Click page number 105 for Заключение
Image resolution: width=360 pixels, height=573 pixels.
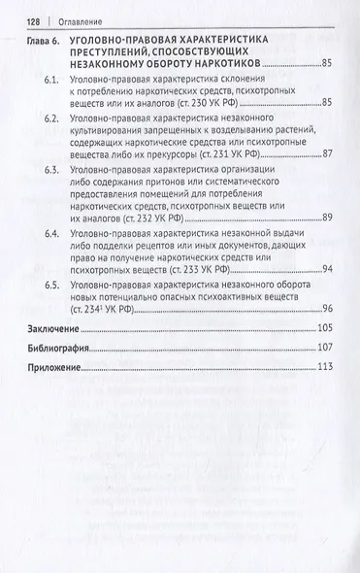point(324,330)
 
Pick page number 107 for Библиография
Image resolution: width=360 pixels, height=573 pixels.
point(324,348)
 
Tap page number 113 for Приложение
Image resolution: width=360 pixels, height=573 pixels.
point(324,365)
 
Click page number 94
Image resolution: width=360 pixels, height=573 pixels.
point(327,268)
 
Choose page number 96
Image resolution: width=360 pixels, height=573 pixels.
point(327,308)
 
